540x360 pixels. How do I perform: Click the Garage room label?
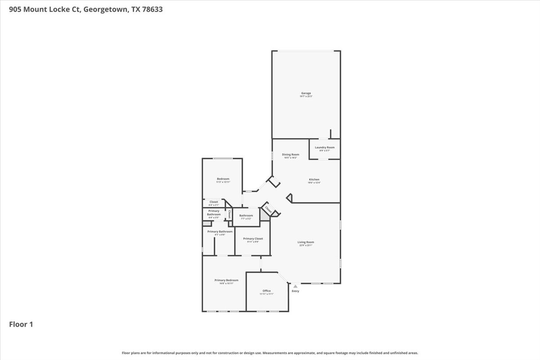point(306,93)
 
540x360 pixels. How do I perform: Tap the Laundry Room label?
point(324,148)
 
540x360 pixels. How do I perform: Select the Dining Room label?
point(290,155)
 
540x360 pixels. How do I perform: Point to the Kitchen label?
point(314,180)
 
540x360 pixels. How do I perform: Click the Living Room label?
point(306,242)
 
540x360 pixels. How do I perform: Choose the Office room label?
point(267,291)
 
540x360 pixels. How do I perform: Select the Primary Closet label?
point(253,238)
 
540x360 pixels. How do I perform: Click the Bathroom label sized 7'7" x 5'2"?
point(246,216)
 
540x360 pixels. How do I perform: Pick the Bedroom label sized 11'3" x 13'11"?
point(223,179)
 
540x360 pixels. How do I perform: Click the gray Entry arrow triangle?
point(295,286)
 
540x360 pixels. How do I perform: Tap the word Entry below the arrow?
point(295,291)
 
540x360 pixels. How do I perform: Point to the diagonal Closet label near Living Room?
point(268,209)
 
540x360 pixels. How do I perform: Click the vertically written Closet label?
point(229,214)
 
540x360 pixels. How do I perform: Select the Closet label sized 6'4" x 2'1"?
point(214,202)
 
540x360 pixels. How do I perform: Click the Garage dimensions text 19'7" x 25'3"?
point(306,97)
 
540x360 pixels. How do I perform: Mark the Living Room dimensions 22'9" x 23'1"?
point(306,246)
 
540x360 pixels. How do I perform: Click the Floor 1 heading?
point(21,324)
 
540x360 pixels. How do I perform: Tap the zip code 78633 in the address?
point(153,9)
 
